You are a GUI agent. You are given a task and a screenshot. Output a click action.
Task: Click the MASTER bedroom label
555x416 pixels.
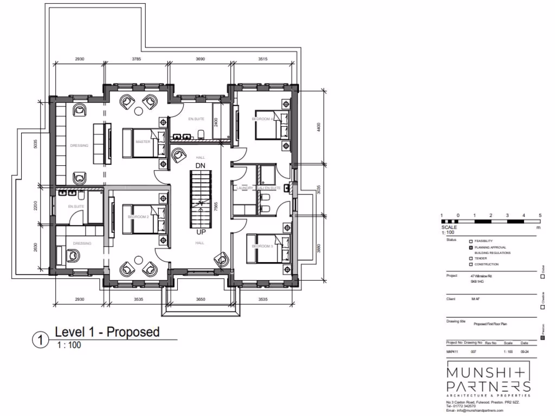pyautogui.click(x=143, y=142)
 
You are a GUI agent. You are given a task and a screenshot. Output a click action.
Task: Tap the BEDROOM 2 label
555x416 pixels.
pyautogui.click(x=138, y=217)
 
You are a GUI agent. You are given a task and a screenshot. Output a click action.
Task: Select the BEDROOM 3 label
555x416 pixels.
pyautogui.click(x=262, y=246)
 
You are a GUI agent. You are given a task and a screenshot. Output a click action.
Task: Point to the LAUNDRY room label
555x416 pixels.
pyautogui.click(x=245, y=188)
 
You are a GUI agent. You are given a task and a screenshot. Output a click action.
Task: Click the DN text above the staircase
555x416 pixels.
pyautogui.click(x=200, y=165)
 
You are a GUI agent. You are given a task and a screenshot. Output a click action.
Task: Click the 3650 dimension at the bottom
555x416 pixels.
pyautogui.click(x=201, y=299)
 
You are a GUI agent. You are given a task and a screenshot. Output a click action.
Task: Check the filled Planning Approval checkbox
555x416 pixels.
pyautogui.click(x=470, y=247)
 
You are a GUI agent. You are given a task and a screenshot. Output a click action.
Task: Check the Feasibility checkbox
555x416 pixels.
pyautogui.click(x=470, y=240)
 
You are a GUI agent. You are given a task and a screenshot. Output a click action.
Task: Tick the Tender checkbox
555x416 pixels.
pyautogui.click(x=470, y=259)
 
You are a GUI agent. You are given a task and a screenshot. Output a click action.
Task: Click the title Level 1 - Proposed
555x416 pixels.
pyautogui.click(x=107, y=331)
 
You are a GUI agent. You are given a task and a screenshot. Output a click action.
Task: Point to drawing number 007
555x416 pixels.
pyautogui.click(x=473, y=352)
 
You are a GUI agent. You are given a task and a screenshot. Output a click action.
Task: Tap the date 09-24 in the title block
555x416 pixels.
pyautogui.click(x=524, y=352)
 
